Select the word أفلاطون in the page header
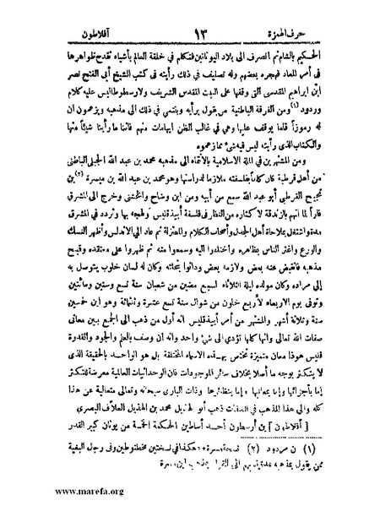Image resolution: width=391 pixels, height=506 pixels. [77, 35]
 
